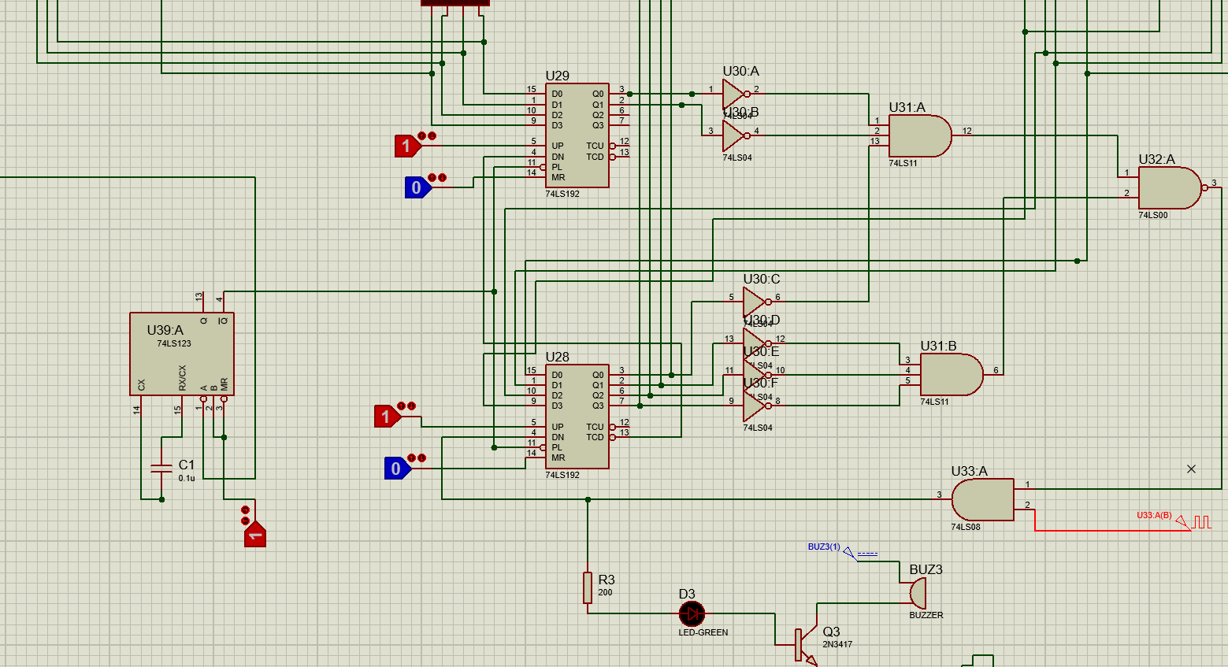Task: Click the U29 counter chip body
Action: pos(577,135)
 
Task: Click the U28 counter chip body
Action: pos(577,416)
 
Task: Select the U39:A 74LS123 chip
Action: pos(181,354)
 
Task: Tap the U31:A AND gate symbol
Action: pos(918,135)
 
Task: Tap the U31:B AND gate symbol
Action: pos(950,374)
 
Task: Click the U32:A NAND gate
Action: pos(1168,187)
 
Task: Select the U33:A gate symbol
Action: pos(982,500)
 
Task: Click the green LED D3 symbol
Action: pos(692,613)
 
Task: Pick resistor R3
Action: pos(588,587)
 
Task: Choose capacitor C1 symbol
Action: pos(161,469)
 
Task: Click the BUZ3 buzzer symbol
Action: pos(918,591)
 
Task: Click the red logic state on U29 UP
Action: pos(407,146)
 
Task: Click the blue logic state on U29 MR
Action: pos(417,187)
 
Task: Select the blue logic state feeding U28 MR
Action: pos(396,469)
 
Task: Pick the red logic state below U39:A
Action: pos(255,535)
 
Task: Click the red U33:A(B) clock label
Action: pos(1154,516)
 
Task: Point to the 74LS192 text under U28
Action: pos(562,475)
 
